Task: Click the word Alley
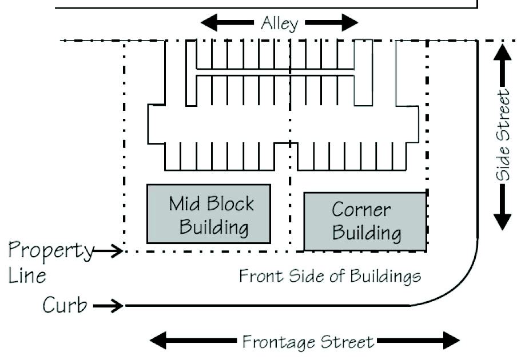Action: [x=280, y=23]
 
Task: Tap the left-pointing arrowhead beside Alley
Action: [x=209, y=23]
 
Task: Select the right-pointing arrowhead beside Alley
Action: [x=349, y=23]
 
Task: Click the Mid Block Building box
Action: [x=209, y=214]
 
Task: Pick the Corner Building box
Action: [x=365, y=221]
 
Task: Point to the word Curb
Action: [x=65, y=305]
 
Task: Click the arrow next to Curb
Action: [x=108, y=306]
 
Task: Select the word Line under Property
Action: [x=27, y=275]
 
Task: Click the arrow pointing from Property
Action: [x=108, y=251]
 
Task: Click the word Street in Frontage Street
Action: [x=347, y=342]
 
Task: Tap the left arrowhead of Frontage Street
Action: [x=158, y=341]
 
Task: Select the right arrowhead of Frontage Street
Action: [x=452, y=341]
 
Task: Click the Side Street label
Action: [x=503, y=134]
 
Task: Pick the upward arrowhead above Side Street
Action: [x=502, y=52]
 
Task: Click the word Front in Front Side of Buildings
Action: [x=261, y=275]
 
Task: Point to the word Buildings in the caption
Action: [x=386, y=277]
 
